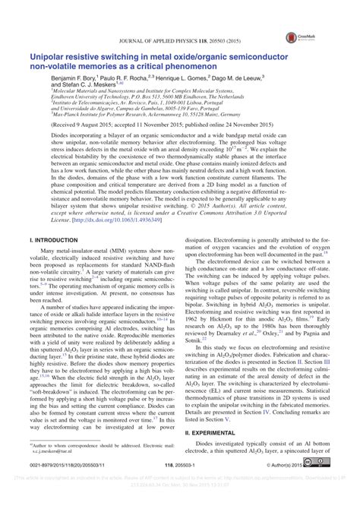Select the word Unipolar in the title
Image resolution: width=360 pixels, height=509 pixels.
tap(47, 56)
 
